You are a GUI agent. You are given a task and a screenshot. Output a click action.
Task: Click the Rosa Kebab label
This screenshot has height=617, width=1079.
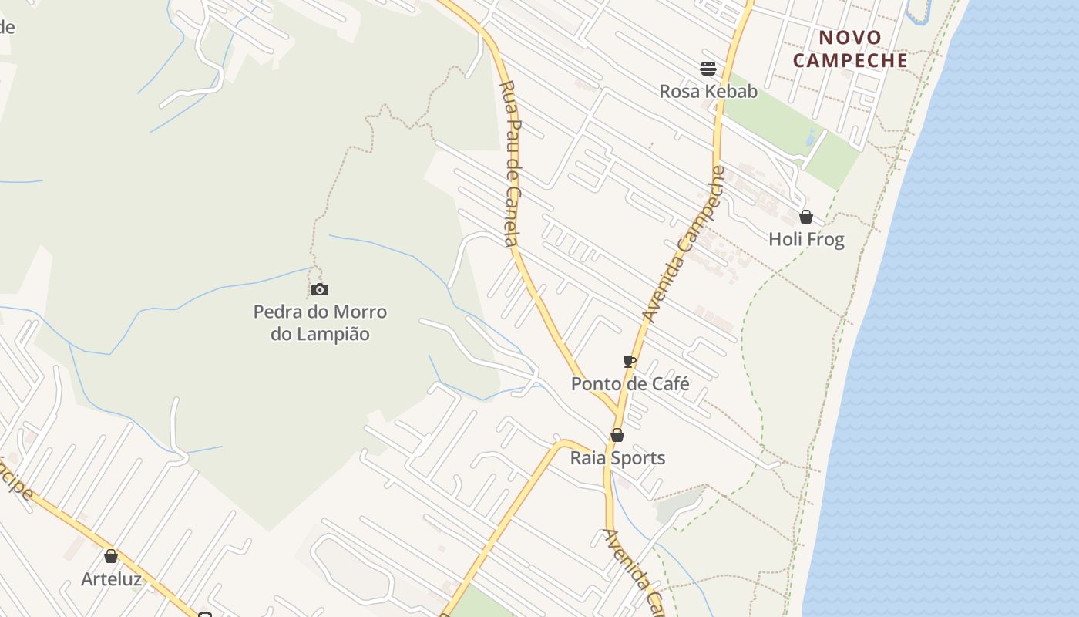point(708,91)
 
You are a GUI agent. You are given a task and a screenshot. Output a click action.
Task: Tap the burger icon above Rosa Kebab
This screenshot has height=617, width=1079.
point(708,69)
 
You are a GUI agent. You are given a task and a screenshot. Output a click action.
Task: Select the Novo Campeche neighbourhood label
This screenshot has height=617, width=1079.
point(850,49)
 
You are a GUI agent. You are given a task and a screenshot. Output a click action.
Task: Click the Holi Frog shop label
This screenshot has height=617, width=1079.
point(806,239)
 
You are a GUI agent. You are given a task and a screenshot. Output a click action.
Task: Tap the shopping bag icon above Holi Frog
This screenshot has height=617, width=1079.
point(806,217)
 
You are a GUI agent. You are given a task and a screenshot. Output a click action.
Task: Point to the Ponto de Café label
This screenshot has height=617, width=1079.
point(630,383)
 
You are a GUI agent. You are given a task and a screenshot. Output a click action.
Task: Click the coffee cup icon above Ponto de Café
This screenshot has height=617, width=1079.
point(630,361)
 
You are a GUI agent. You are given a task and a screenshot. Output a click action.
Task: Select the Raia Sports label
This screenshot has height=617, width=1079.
point(617,458)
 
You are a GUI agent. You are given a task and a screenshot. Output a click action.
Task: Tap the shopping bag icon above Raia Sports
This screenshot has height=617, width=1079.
point(617,435)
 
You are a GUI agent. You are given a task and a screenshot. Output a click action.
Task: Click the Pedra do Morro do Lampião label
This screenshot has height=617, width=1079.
point(320,323)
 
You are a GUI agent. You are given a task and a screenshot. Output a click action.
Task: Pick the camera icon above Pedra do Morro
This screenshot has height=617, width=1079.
point(320,290)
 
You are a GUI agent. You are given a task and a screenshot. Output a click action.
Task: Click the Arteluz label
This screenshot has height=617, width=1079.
point(111,578)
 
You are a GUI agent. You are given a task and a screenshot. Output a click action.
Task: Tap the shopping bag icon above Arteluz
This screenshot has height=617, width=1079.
point(111,556)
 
